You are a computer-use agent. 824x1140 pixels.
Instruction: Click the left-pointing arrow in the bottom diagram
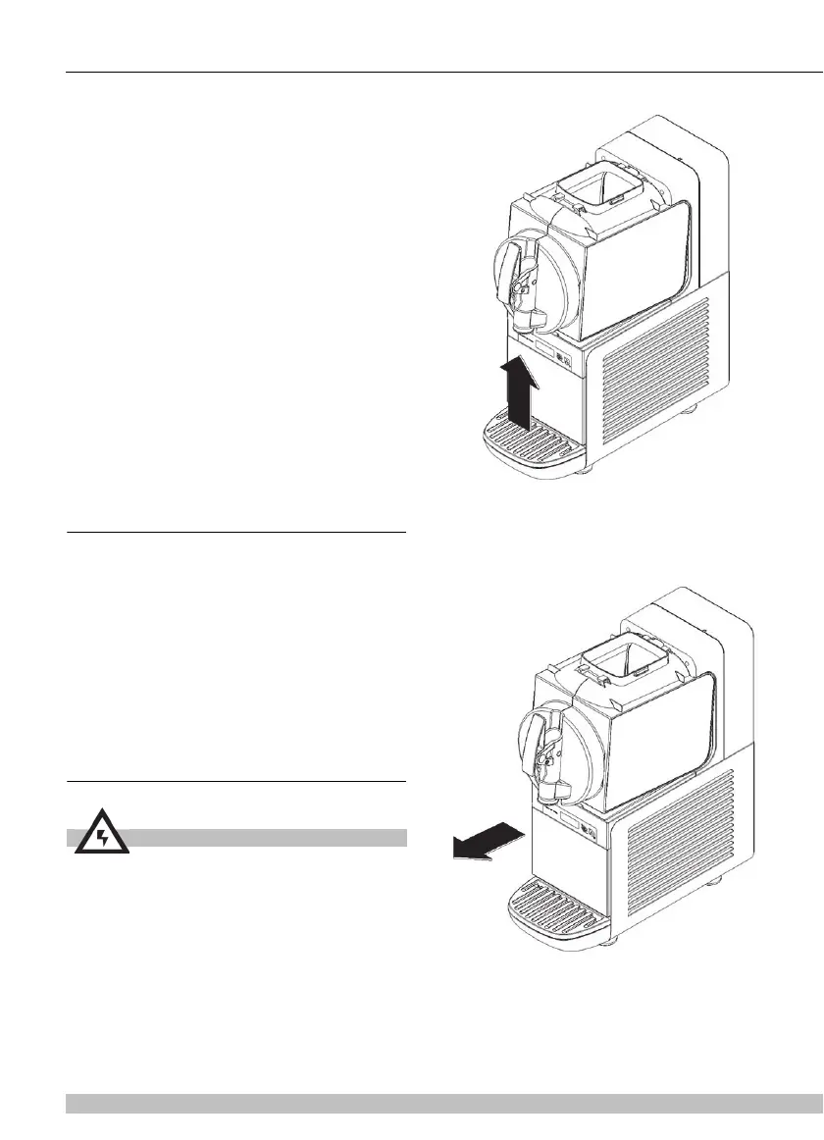pos(486,841)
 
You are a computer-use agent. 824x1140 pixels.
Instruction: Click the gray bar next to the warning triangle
pos(265,837)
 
